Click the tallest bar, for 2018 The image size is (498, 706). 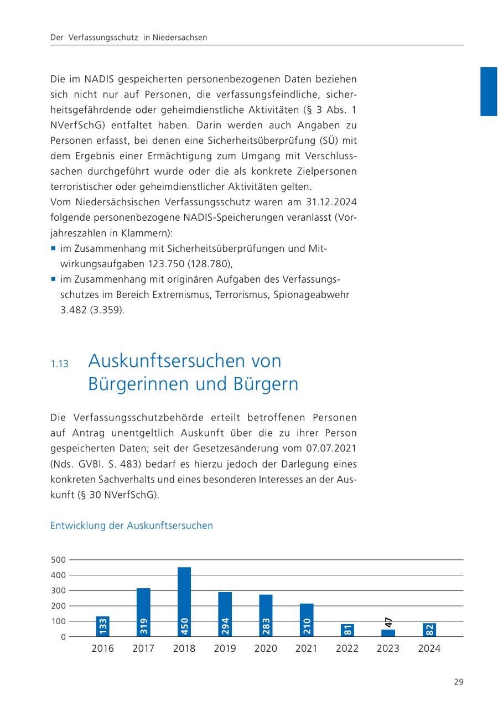click(x=184, y=602)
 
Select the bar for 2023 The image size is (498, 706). click(x=388, y=633)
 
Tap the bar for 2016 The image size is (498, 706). click(x=102, y=626)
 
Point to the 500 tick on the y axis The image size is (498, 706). click(x=59, y=560)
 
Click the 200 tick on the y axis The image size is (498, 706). click(x=59, y=606)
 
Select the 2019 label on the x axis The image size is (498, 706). click(x=225, y=648)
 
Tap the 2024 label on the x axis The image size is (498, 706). click(x=429, y=648)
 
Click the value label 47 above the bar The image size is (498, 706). click(x=388, y=622)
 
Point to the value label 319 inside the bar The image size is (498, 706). click(x=143, y=626)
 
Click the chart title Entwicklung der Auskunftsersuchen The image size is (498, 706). click(x=132, y=526)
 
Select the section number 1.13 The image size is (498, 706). click(x=59, y=364)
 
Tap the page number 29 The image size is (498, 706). click(x=458, y=682)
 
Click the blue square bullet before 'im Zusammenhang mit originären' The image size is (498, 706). click(x=54, y=279)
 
